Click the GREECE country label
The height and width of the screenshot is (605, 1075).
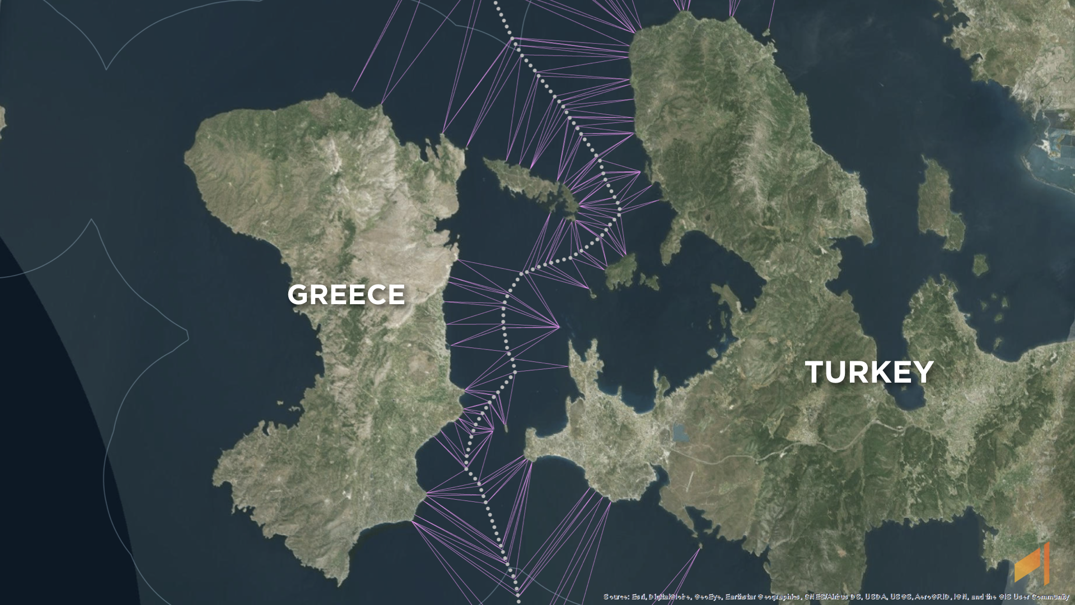point(345,295)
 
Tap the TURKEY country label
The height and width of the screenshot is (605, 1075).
point(869,372)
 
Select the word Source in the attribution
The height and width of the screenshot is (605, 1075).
point(616,597)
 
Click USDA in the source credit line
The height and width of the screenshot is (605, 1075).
point(875,597)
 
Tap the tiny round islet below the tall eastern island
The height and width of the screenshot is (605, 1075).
point(979,264)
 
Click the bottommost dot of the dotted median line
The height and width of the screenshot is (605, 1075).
point(518,595)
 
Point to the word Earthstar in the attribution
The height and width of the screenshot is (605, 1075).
point(739,597)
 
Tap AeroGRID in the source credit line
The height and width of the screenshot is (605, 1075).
point(934,597)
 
